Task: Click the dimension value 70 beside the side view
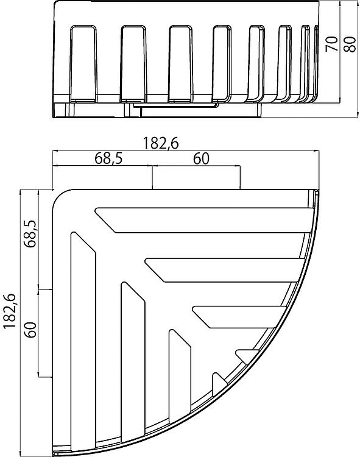(332, 44)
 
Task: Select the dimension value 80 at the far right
(350, 44)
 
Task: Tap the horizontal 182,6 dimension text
(160, 143)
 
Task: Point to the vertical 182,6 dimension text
(9, 311)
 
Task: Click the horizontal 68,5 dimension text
(108, 158)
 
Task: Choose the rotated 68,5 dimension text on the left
(30, 233)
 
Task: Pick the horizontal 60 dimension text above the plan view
(201, 158)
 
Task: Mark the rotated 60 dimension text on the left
(30, 330)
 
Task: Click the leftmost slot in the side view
(83, 64)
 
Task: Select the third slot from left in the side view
(180, 64)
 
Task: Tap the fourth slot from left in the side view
(222, 64)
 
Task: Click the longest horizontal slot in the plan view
(204, 220)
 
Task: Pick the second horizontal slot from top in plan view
(226, 270)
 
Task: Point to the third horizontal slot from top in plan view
(239, 317)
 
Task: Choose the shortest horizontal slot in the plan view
(247, 356)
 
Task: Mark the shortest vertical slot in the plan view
(219, 384)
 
